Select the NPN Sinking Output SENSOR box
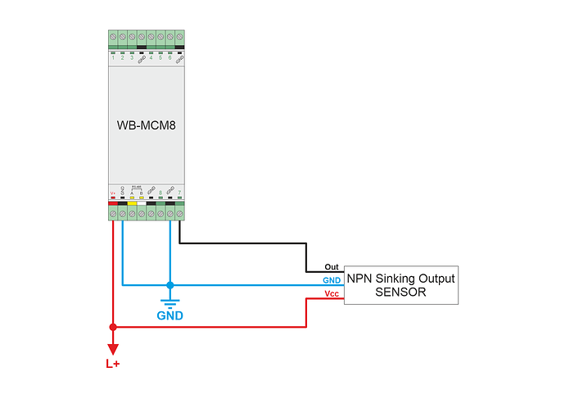[x=400, y=285]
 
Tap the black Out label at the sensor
[x=332, y=267]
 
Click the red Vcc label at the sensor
[x=332, y=293]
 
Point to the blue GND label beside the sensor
[x=332, y=280]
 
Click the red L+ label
[x=113, y=363]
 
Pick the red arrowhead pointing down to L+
[x=113, y=348]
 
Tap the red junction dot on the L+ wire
[x=113, y=327]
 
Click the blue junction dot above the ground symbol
[x=170, y=285]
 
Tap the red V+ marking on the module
[x=113, y=194]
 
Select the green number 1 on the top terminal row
[x=113, y=57]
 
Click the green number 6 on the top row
[x=170, y=57]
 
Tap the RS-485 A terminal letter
[x=132, y=193]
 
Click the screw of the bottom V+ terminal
[x=113, y=213]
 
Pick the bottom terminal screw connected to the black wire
[x=179, y=213]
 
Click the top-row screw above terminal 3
[x=132, y=37]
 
